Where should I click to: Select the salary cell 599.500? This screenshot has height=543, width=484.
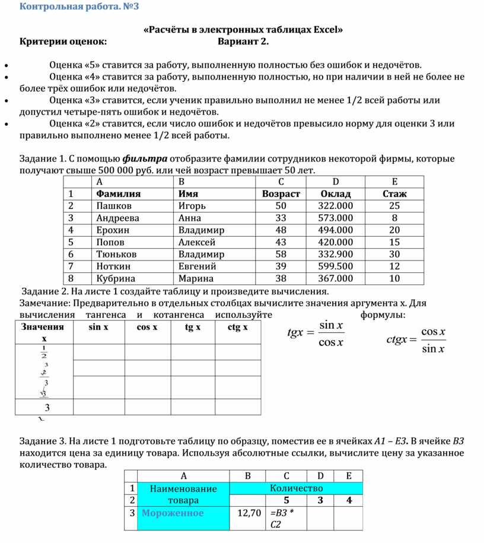[335, 266]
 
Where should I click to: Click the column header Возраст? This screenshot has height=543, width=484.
[281, 194]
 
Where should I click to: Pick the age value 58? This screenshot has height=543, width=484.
[281, 254]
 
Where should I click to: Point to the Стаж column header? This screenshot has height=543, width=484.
[394, 194]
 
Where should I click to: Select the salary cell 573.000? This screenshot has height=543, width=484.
[335, 218]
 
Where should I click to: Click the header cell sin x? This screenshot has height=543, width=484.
[98, 327]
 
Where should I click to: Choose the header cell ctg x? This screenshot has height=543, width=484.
[237, 327]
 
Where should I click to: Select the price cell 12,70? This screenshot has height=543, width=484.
[249, 513]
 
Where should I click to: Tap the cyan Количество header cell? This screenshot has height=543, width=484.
[295, 488]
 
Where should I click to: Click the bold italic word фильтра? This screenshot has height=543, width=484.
[145, 159]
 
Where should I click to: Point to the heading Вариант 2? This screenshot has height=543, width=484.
[243, 42]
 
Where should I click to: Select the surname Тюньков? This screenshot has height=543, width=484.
[116, 254]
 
